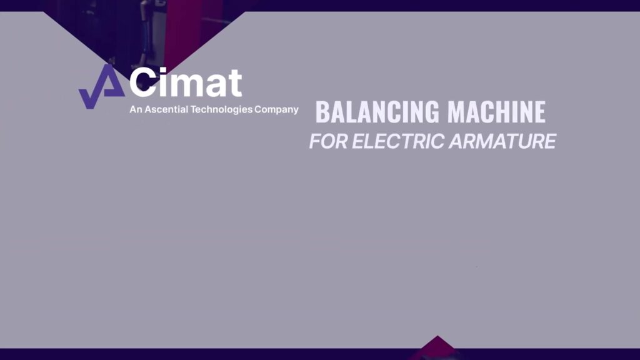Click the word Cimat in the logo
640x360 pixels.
click(x=186, y=82)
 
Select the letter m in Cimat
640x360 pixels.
click(x=186, y=86)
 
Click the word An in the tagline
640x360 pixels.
click(x=136, y=109)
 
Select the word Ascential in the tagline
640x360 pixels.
click(x=166, y=109)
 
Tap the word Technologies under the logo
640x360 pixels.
click(x=221, y=110)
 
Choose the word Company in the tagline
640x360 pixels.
click(x=276, y=110)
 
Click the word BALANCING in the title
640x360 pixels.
click(x=377, y=112)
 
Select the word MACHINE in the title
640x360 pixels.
click(x=496, y=112)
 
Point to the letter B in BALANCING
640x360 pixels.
click(x=322, y=112)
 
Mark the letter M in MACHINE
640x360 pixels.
click(x=456, y=112)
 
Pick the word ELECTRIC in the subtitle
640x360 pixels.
click(x=398, y=142)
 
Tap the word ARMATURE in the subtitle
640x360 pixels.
click(x=502, y=142)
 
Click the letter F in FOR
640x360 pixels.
click(x=315, y=142)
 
